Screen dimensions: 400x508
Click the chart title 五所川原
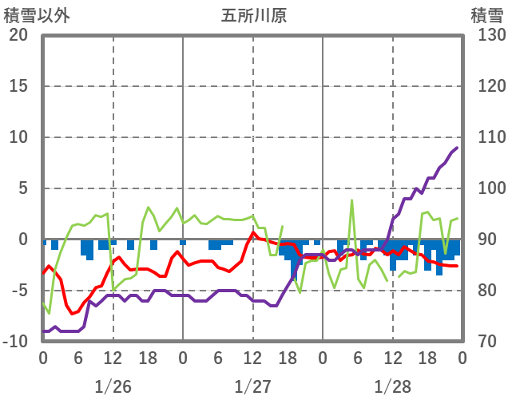[253, 15]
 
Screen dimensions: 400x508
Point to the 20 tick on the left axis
[18, 35]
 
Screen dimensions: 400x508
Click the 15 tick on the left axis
[18, 86]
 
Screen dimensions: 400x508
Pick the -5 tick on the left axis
[18, 291]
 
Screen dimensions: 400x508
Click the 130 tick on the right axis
[486, 35]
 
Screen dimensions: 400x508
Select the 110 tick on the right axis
[486, 137]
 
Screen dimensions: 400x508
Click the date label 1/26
[113, 386]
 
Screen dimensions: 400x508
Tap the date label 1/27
[252, 386]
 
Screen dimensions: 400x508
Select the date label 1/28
[392, 386]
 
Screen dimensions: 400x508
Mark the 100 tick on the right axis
[486, 188]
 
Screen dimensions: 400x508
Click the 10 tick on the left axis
[18, 137]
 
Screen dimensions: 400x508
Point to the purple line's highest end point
[456, 148]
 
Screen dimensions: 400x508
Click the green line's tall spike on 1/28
[351, 200]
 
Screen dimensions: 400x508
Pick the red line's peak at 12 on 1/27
[253, 233]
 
